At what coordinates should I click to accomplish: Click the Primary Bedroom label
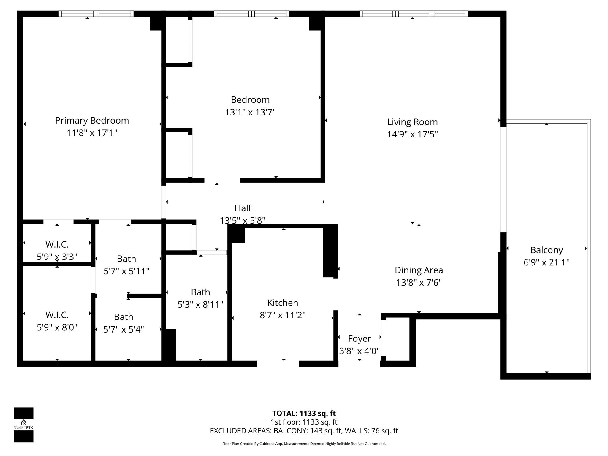[92, 121]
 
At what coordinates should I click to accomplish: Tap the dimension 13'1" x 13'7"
[250, 113]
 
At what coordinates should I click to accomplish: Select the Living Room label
[412, 122]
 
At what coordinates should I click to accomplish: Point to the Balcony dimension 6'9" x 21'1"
[546, 262]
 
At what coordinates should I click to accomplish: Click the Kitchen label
[282, 303]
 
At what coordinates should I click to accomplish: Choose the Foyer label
[359, 338]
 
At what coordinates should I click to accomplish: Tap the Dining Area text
[419, 270]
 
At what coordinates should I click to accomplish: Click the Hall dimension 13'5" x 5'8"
[242, 221]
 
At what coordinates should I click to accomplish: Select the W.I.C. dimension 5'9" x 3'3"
[57, 257]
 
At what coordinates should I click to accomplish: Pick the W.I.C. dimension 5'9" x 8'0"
[57, 327]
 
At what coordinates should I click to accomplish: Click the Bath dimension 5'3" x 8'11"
[200, 305]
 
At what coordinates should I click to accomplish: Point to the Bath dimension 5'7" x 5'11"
[126, 271]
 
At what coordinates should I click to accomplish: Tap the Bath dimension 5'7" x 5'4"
[123, 329]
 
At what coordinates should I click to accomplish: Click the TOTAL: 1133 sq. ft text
[304, 413]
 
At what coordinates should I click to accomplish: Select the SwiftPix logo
[23, 425]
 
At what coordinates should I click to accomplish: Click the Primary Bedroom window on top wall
[96, 14]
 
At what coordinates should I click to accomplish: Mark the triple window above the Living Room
[414, 14]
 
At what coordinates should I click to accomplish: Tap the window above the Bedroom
[251, 14]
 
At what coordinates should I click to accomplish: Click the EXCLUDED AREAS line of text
[304, 431]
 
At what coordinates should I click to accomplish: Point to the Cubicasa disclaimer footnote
[304, 444]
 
